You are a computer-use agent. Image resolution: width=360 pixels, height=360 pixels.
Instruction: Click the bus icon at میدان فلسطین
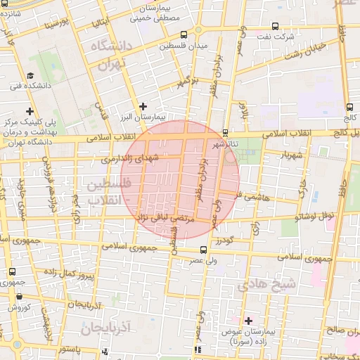pyautogui.click(x=184, y=34)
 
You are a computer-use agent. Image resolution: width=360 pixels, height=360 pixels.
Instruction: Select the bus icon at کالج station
pyautogui.click(x=349, y=108)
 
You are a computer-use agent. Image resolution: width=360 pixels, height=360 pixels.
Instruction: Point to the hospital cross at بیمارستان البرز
pyautogui.click(x=143, y=106)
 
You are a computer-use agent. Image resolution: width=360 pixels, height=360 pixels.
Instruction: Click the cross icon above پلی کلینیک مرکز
pyautogui.click(x=30, y=111)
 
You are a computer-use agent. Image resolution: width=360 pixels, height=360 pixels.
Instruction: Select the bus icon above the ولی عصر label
pyautogui.click(x=203, y=249)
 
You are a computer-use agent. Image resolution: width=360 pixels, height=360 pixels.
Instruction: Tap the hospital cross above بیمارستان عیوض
pyautogui.click(x=248, y=321)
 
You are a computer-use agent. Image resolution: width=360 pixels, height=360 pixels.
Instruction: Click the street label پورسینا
pyautogui.click(x=56, y=24)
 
